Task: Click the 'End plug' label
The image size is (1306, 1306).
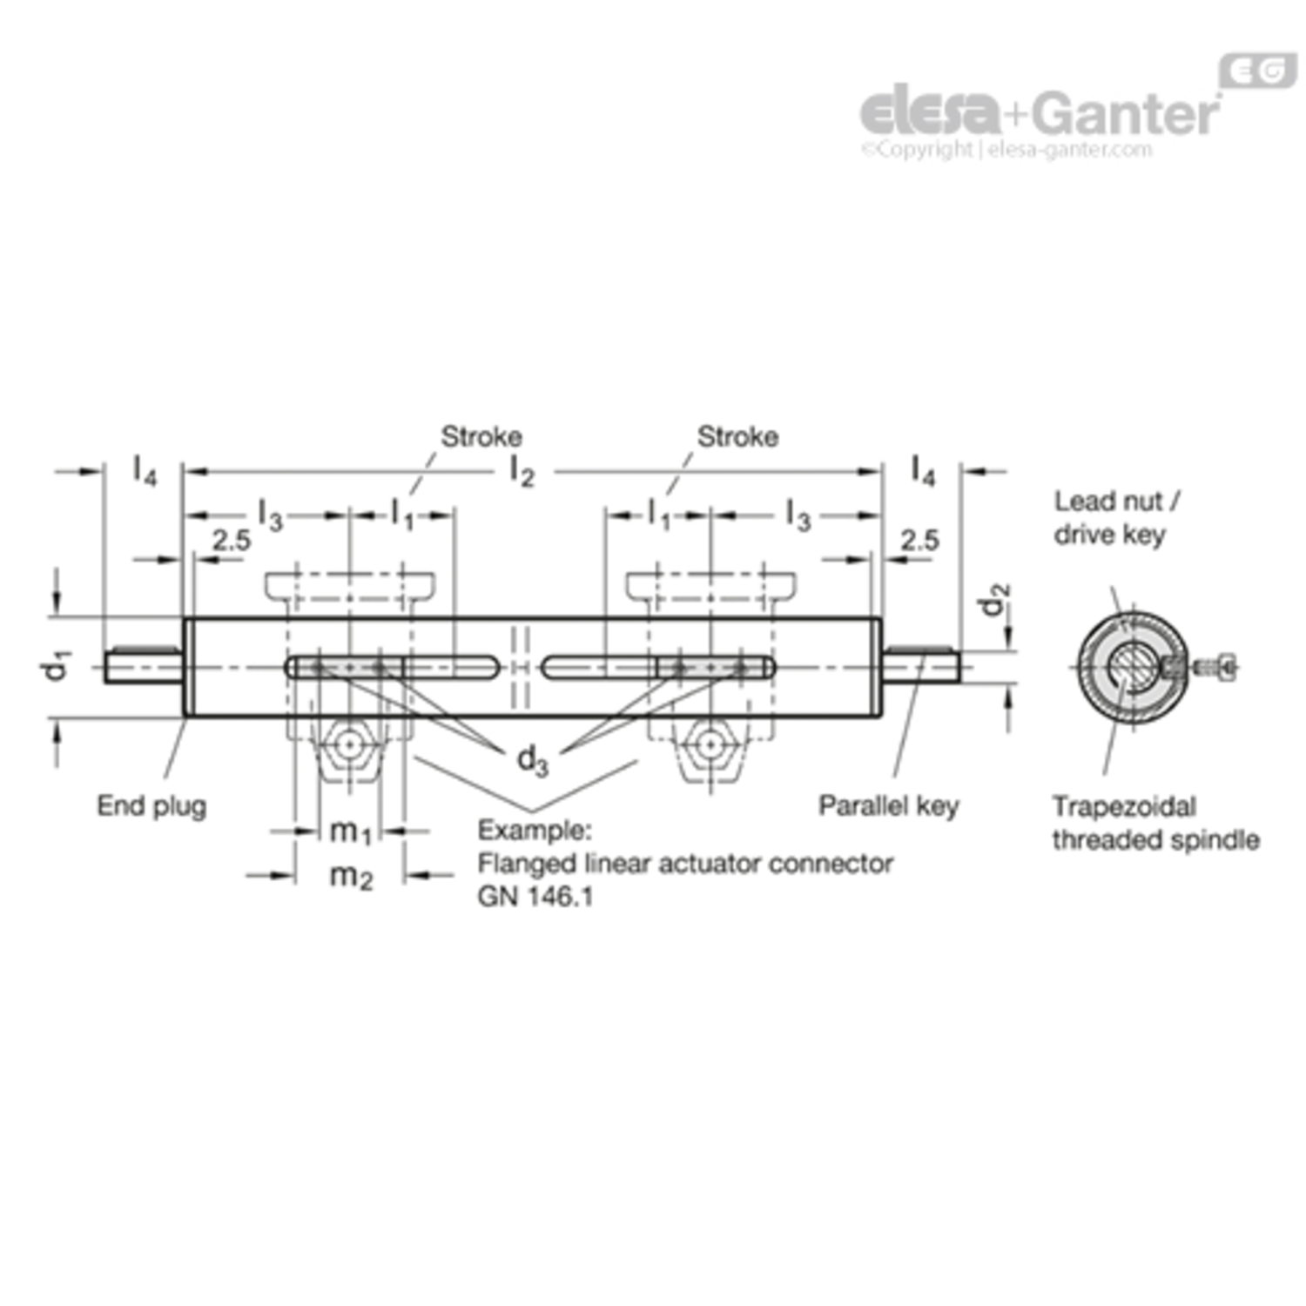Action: tap(151, 806)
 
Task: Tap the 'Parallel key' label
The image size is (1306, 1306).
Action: tap(888, 806)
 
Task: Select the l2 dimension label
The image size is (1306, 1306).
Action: tap(522, 472)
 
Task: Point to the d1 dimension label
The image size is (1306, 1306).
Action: tap(56, 666)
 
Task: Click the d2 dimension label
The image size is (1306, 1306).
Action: tap(994, 599)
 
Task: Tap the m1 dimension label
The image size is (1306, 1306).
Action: tap(351, 831)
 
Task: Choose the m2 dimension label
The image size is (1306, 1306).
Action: tap(351, 875)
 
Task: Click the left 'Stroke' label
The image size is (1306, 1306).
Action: tap(481, 436)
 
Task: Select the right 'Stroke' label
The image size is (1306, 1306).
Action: tap(737, 436)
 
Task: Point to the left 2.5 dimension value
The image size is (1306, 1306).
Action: tap(232, 541)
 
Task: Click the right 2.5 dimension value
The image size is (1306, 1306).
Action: tap(920, 541)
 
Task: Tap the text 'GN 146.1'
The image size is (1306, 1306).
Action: tap(535, 897)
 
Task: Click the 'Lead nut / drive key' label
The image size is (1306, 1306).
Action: tap(1117, 517)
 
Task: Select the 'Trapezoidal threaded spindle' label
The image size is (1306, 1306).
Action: tap(1155, 823)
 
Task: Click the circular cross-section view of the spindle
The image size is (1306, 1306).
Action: tap(1132, 668)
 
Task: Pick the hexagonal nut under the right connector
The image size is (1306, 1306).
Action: tap(711, 745)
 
